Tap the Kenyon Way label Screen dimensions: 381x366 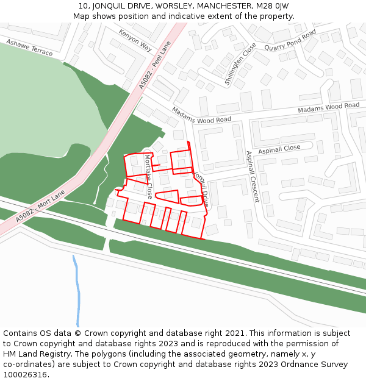tap(135, 39)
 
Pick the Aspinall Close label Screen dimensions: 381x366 tap(279, 148)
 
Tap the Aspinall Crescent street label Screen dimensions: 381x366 tap(252, 176)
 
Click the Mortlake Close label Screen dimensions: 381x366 tap(148, 176)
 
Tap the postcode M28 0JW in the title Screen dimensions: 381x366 tap(273, 6)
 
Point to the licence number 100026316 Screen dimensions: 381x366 tap(24, 375)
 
